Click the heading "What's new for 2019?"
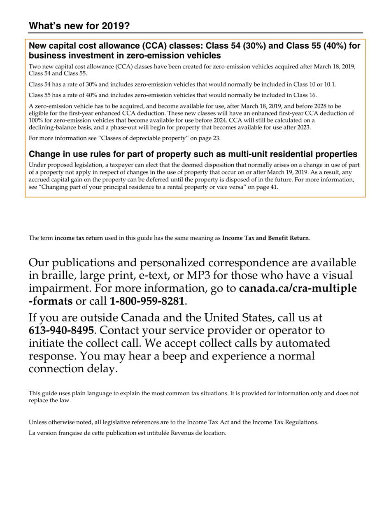pos(79,26)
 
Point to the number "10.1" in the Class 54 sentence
pos(329,84)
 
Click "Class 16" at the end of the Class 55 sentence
pos(305,95)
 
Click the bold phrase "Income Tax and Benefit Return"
pos(265,238)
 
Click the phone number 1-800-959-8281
pos(147,301)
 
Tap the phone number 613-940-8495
pos(61,331)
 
